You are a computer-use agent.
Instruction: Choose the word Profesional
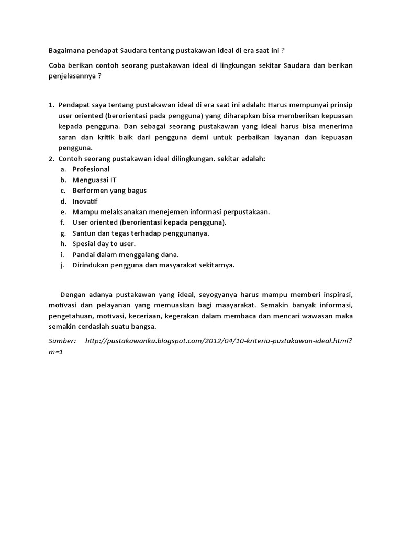[x=91, y=169]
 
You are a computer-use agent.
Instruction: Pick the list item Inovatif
[x=85, y=201]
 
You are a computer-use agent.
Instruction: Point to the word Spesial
[x=85, y=244]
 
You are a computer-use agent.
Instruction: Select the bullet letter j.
[x=62, y=265]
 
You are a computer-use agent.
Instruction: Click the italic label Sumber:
[x=62, y=341]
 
